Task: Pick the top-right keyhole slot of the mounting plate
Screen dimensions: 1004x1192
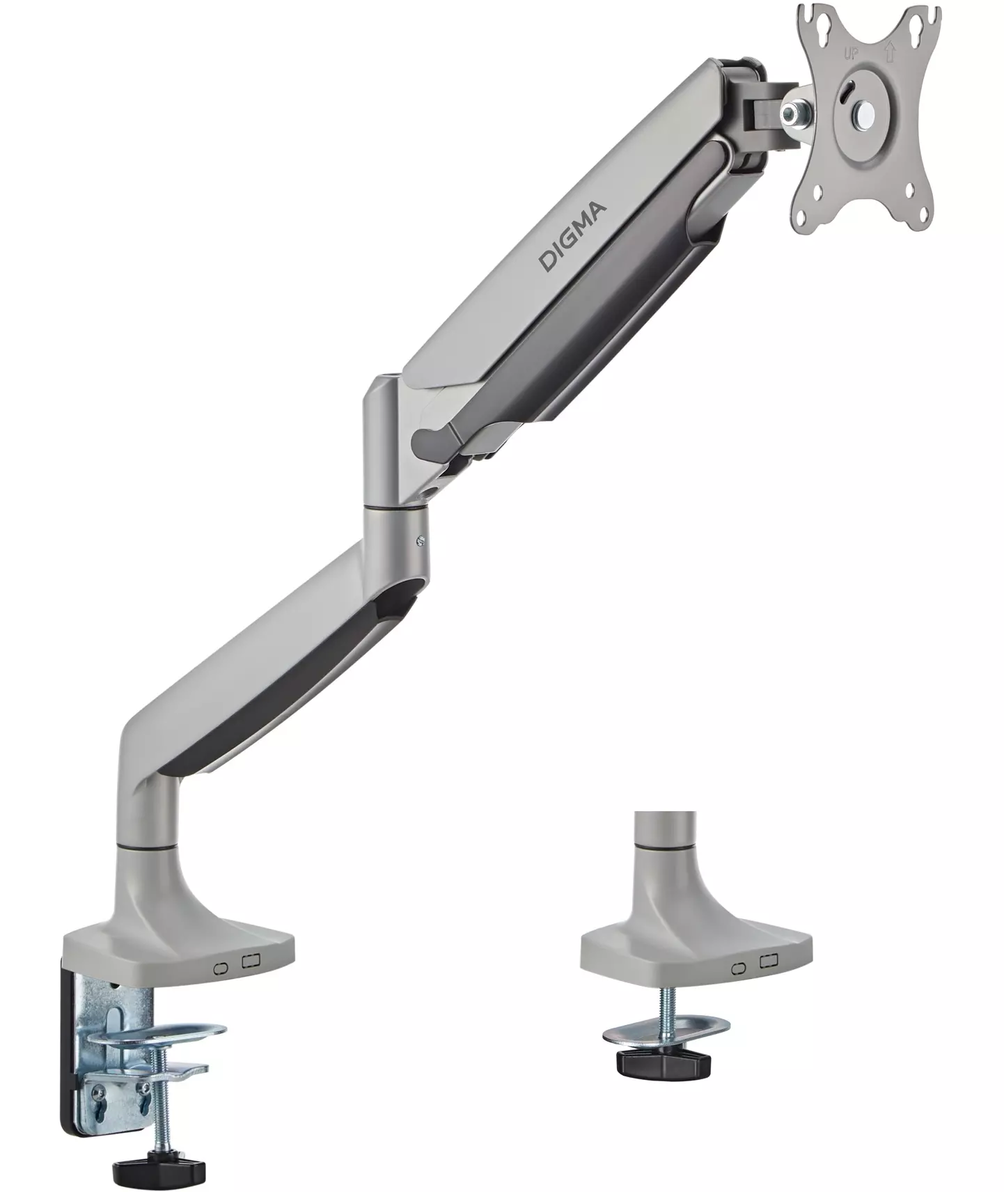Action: click(924, 23)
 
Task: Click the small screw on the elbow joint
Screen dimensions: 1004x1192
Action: click(420, 539)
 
